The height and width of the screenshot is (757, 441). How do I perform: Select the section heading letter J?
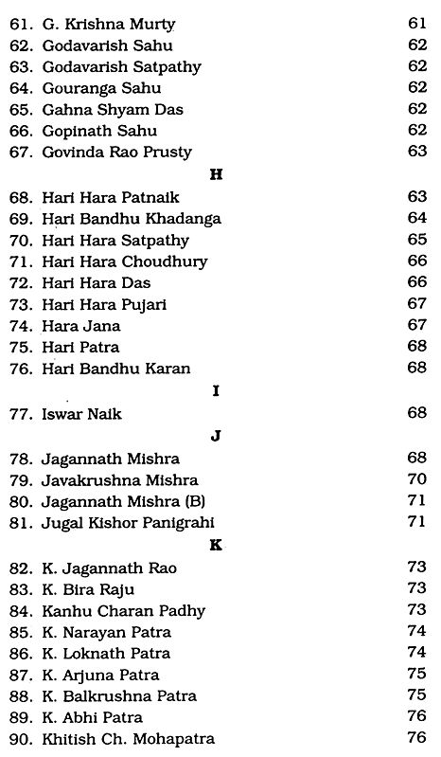coord(217,437)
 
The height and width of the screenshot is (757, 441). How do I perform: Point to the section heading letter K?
coord(217,545)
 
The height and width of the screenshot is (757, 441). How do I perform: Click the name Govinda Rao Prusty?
coord(116,152)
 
